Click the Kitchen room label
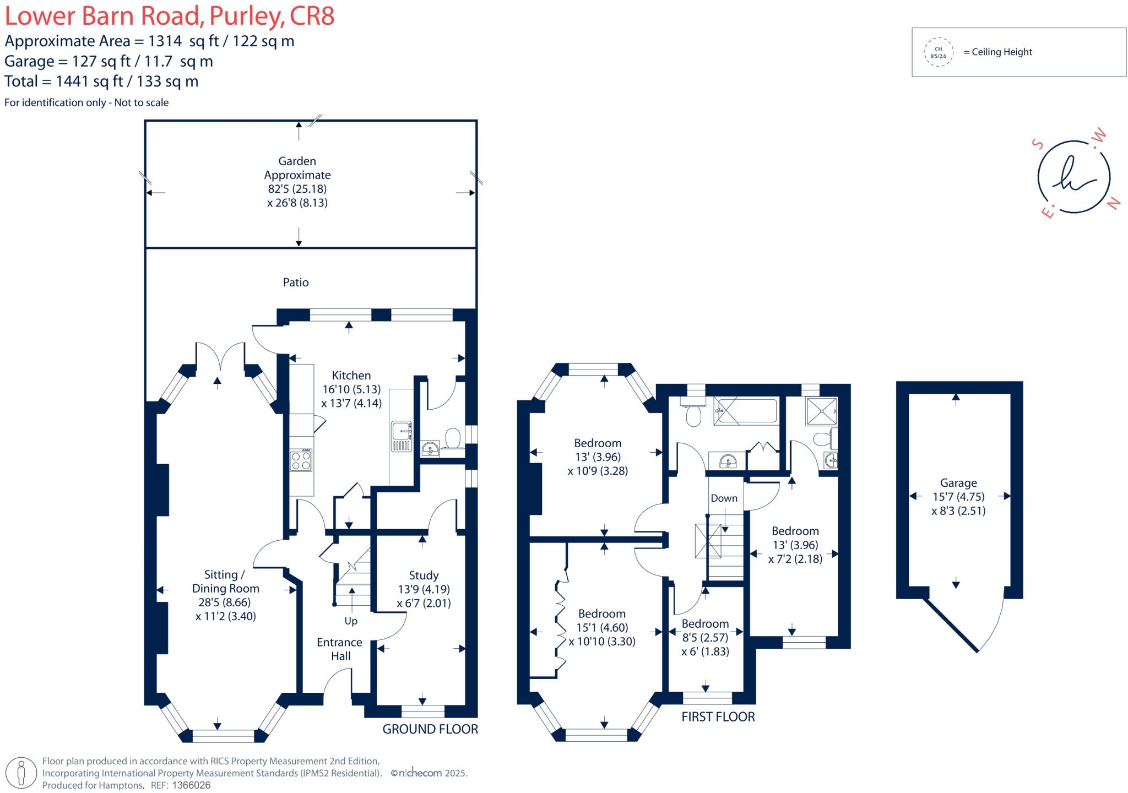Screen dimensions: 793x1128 pyautogui.click(x=351, y=376)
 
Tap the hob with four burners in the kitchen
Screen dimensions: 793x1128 pyautogui.click(x=301, y=460)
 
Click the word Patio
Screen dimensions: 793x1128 pyautogui.click(x=296, y=283)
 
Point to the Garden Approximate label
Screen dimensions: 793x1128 pyautogui.click(x=297, y=168)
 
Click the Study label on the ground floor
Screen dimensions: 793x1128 pyautogui.click(x=424, y=575)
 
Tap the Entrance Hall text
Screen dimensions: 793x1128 pyautogui.click(x=339, y=649)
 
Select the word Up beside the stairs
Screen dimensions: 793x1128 pyautogui.click(x=351, y=621)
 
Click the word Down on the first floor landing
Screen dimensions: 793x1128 pyautogui.click(x=724, y=498)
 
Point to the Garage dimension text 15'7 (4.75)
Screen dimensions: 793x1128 pyautogui.click(x=958, y=497)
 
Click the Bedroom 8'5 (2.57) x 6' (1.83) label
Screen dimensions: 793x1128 pyautogui.click(x=705, y=638)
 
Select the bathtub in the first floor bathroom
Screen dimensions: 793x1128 pyautogui.click(x=746, y=411)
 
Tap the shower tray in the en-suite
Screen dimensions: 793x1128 pyautogui.click(x=821, y=411)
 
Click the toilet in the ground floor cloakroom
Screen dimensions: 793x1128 pyautogui.click(x=453, y=438)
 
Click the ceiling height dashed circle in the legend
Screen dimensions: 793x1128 pyautogui.click(x=939, y=52)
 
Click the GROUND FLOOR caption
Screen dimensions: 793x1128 pyautogui.click(x=430, y=729)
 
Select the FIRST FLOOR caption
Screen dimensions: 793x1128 pyautogui.click(x=718, y=716)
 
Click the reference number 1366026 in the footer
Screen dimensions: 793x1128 pyautogui.click(x=192, y=785)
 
